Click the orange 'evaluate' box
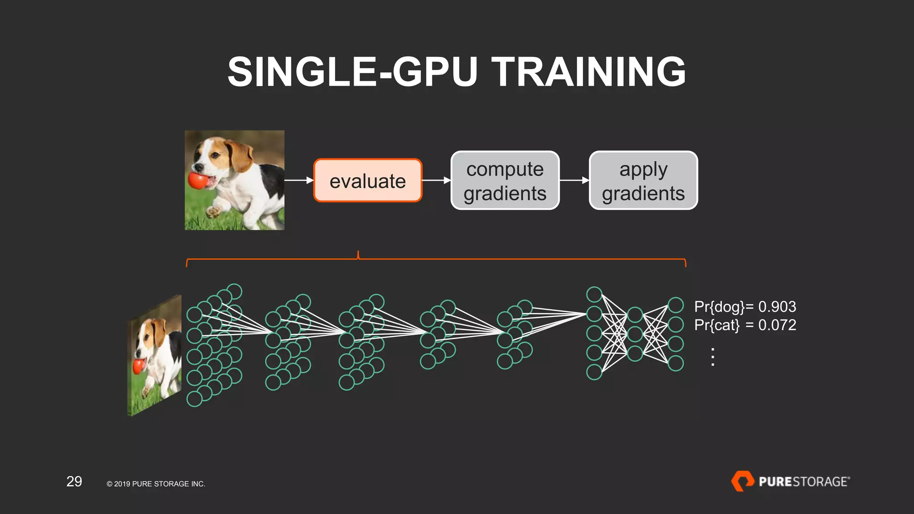click(368, 181)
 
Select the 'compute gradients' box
click(505, 181)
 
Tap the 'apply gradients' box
click(643, 181)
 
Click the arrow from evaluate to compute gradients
click(436, 180)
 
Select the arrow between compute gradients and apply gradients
click(574, 180)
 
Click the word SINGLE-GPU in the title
click(353, 72)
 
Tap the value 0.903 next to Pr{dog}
click(777, 307)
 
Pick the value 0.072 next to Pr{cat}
click(777, 325)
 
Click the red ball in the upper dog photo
click(198, 180)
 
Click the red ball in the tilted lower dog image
click(139, 366)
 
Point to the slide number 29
click(74, 481)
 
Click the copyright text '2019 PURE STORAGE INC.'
click(159, 484)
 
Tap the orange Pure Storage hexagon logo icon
click(742, 481)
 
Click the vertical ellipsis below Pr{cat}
click(713, 357)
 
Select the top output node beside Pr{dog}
click(676, 305)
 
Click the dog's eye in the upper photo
click(216, 155)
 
